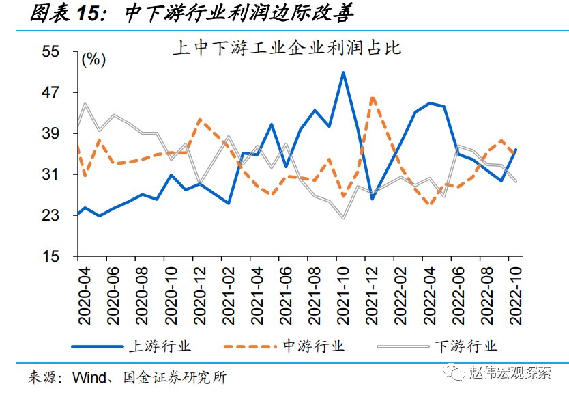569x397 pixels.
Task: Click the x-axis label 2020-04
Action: coord(84,294)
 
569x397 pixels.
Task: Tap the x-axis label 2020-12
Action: coord(200,294)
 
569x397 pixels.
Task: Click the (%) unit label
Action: coord(94,59)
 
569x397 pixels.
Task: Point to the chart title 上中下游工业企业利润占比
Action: coord(286,48)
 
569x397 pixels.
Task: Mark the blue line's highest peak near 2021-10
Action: coord(343,72)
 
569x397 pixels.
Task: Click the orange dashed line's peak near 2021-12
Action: coord(373,98)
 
